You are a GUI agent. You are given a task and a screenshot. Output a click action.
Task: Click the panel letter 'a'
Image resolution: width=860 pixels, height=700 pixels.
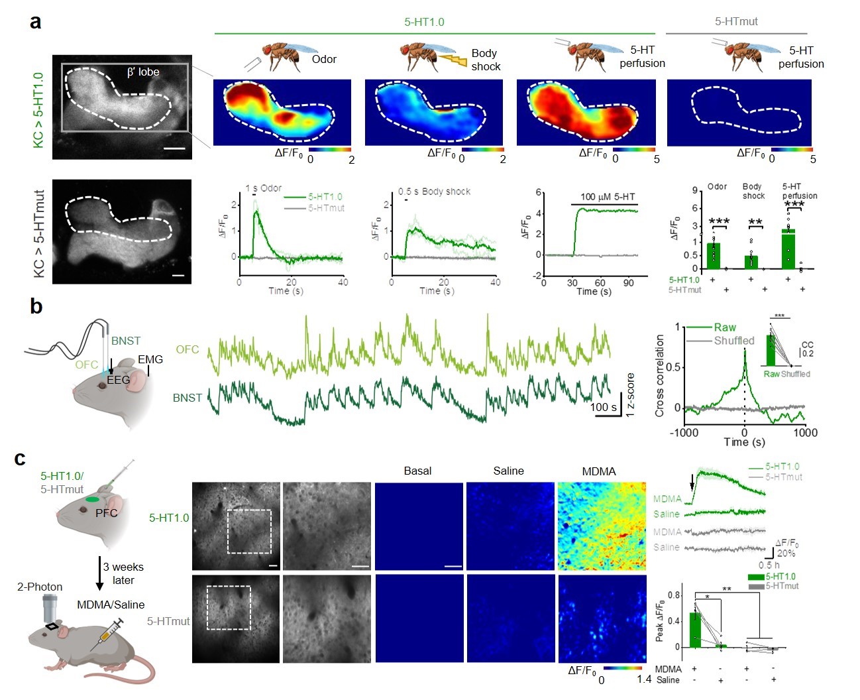click(36, 21)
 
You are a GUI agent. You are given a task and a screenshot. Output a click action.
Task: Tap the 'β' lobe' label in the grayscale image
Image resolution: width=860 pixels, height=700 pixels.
click(143, 72)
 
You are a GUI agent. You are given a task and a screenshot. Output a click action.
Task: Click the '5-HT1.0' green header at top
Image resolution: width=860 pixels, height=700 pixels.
click(424, 22)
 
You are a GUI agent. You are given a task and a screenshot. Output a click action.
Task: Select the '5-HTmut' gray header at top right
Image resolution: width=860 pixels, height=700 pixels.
click(736, 21)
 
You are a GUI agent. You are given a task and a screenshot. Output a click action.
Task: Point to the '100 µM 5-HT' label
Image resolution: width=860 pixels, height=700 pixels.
click(608, 197)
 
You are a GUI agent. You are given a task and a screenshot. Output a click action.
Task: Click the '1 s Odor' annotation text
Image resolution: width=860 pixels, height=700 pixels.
click(263, 188)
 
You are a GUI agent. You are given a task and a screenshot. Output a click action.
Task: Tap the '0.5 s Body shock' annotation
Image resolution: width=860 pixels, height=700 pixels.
click(434, 192)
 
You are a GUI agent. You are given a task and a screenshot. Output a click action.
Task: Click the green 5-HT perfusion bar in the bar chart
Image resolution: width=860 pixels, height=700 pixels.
click(788, 249)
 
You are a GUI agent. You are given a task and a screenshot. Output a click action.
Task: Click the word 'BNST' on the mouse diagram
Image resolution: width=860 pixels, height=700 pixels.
click(126, 341)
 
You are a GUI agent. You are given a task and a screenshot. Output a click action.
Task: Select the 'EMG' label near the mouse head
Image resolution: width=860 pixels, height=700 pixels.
click(150, 359)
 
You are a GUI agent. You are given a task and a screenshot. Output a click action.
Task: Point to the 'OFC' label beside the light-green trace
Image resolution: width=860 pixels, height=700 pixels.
click(188, 349)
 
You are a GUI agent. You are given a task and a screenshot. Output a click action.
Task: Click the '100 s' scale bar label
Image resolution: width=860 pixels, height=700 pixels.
click(604, 407)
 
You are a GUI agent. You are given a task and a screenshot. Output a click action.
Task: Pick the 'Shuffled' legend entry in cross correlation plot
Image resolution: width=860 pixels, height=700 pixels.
click(733, 341)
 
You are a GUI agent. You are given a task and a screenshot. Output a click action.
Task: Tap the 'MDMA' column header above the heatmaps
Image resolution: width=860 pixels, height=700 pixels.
click(598, 471)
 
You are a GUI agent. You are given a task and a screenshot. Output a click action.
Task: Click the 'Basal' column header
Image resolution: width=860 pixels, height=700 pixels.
click(417, 471)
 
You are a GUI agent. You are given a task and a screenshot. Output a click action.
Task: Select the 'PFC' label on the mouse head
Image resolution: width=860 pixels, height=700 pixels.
click(106, 512)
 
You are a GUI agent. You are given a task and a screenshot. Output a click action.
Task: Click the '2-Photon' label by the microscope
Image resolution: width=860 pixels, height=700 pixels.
click(40, 587)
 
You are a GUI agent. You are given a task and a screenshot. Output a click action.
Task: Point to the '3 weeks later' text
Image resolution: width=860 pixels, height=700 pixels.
click(123, 573)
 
